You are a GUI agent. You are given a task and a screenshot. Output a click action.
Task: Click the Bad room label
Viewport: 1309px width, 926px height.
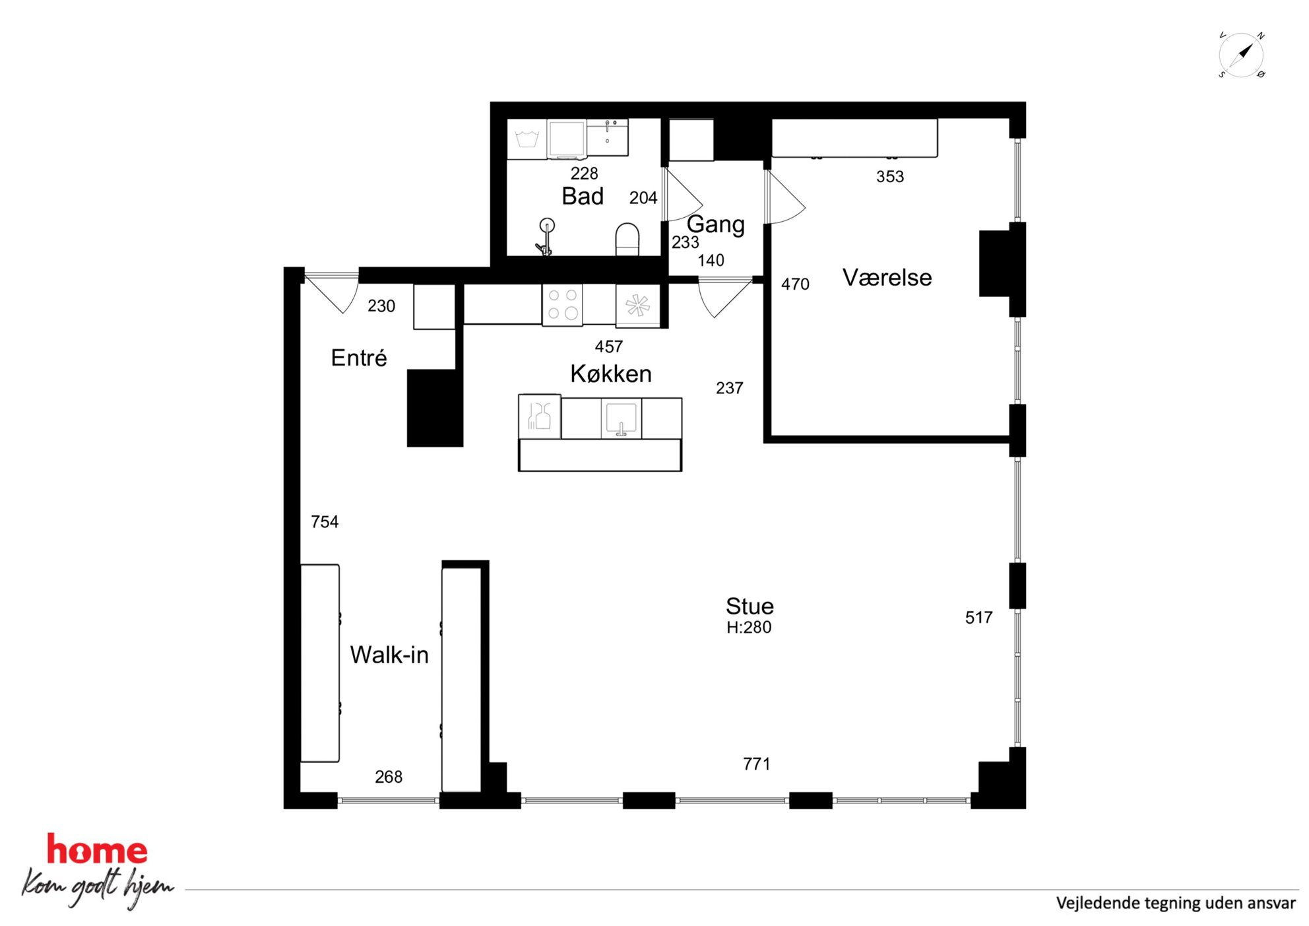pos(583,196)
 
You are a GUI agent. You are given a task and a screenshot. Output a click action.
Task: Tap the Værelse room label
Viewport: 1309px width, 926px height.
pos(887,277)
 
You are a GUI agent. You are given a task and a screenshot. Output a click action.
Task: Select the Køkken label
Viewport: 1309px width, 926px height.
pos(611,374)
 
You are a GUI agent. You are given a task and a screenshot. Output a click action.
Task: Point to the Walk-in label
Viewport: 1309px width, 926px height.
pos(389,655)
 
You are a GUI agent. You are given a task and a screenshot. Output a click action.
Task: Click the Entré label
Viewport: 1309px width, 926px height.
pos(359,358)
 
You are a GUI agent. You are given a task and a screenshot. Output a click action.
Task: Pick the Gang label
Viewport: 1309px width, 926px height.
pos(716,224)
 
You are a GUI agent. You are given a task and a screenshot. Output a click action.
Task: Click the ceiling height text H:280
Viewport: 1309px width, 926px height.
pos(749,627)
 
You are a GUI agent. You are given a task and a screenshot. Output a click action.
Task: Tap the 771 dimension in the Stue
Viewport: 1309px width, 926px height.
pos(756,764)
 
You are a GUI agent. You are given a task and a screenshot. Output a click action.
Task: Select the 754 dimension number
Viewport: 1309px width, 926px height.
pos(325,522)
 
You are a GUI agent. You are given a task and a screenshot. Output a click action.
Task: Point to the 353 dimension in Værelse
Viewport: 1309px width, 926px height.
pos(890,176)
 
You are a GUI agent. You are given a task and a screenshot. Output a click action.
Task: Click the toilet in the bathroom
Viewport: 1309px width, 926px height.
pos(627,239)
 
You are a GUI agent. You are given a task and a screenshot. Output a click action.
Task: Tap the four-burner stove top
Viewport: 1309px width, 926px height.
pos(563,305)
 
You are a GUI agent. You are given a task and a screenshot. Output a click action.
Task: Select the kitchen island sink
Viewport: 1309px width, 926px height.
pos(621,418)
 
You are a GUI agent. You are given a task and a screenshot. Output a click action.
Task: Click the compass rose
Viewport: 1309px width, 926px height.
pos(1241,55)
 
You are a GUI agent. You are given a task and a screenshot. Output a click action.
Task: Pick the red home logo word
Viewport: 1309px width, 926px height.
pos(97,850)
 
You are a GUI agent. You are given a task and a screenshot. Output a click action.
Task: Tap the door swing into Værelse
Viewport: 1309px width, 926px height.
pos(786,197)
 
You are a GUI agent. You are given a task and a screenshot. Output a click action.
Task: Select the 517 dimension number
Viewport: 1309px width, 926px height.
pos(978,618)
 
